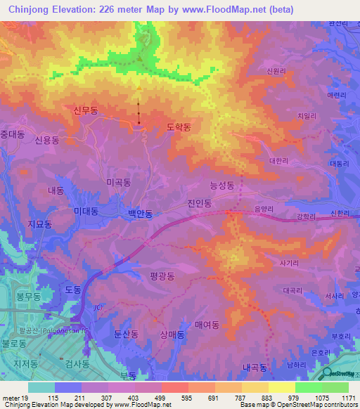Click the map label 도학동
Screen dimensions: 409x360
[179, 127]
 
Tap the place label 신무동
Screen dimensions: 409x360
[87, 110]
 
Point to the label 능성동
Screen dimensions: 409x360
[221, 186]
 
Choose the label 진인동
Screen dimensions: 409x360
[200, 203]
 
